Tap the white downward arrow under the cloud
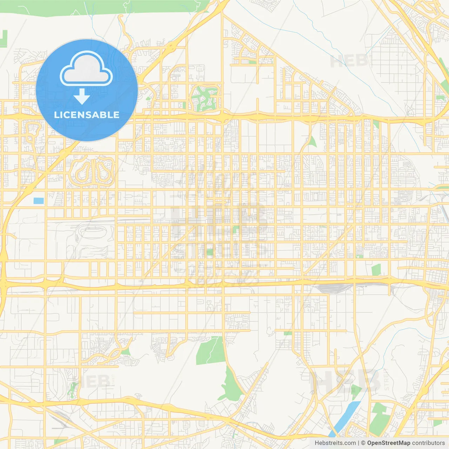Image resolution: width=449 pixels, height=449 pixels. (82, 96)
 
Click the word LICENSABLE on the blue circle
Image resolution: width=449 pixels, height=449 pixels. (87, 115)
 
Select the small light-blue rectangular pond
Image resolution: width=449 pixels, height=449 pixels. (39, 201)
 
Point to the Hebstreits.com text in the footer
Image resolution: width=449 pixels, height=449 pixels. (335, 443)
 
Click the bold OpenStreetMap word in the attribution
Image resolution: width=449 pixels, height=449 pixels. (389, 443)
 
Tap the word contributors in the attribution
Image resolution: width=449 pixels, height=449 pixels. (428, 443)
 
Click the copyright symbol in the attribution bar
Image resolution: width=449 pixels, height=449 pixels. (363, 443)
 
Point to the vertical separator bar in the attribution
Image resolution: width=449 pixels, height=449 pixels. (358, 443)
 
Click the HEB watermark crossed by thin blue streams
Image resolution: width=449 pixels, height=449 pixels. (349, 61)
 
